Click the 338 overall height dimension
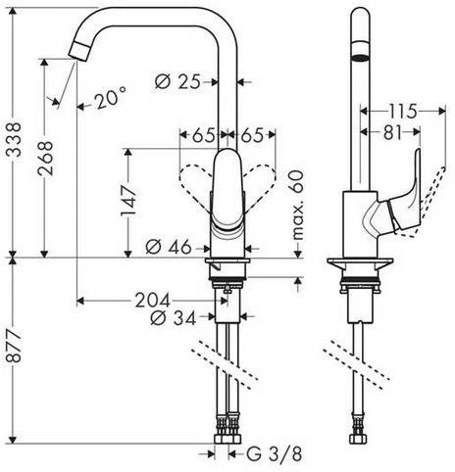pos(14,139)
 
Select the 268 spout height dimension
pos(45,159)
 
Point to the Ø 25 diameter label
pos(177,81)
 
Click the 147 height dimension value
pos(128,201)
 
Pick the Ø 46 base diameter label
pos(169,247)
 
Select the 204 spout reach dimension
pos(153,300)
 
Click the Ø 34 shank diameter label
pos(174,317)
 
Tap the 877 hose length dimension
pos(14,346)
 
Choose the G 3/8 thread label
pos(274,454)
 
